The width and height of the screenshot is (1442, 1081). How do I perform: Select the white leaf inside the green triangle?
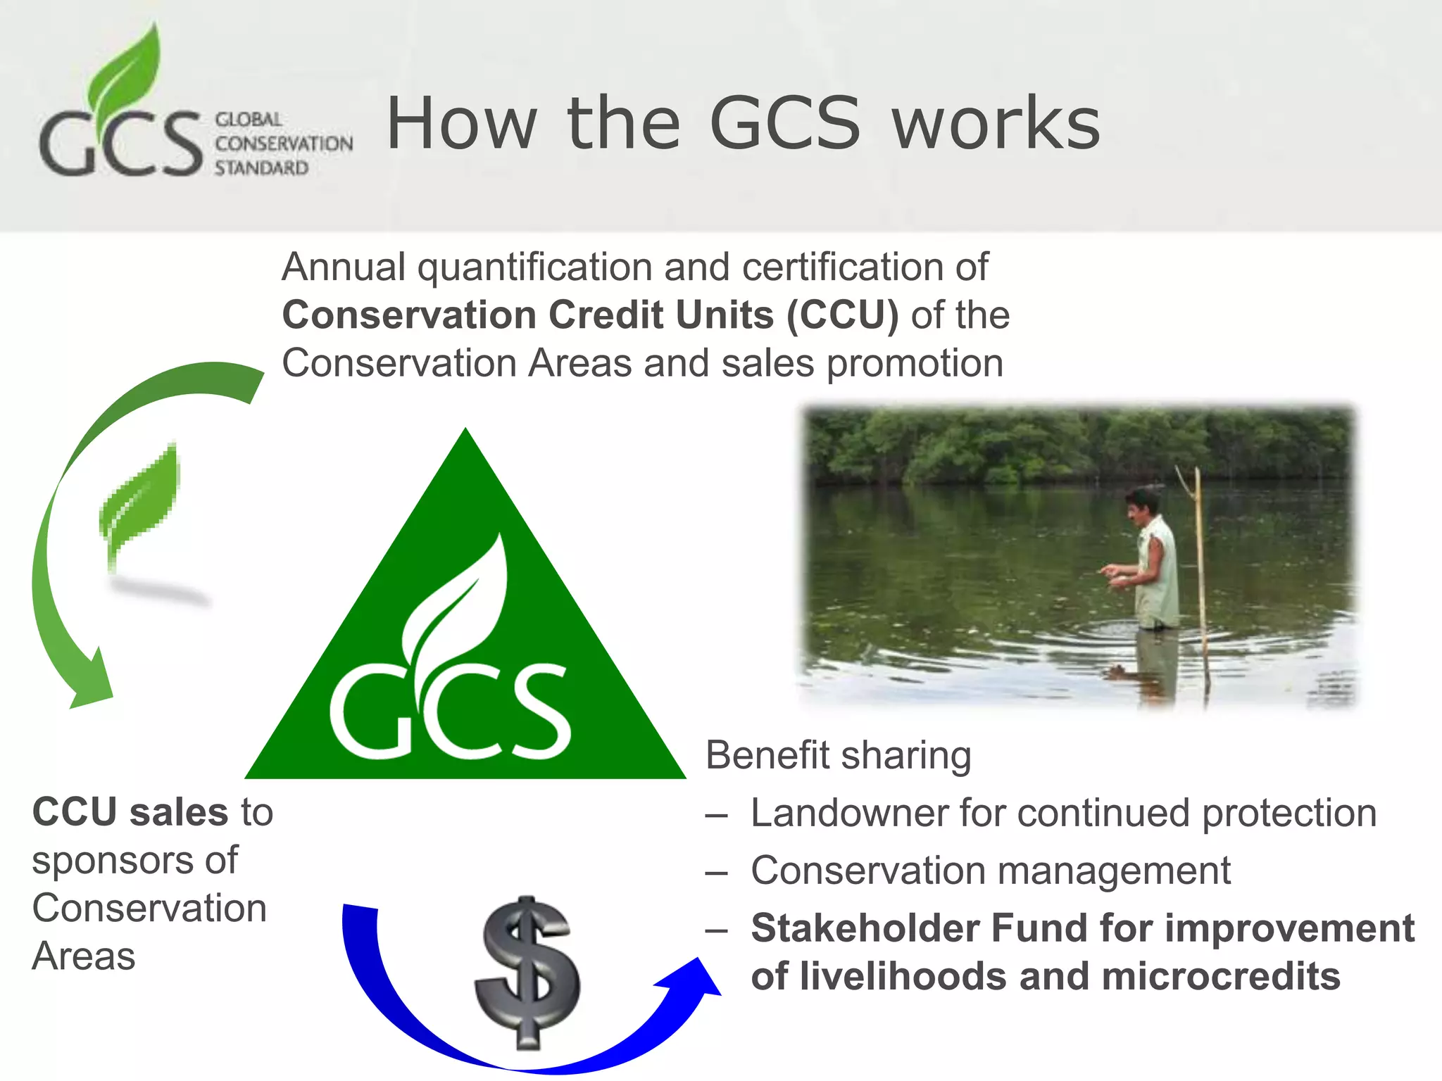458,598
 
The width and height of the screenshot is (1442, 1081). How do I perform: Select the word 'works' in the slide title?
996,124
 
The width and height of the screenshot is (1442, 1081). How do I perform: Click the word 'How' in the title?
461,124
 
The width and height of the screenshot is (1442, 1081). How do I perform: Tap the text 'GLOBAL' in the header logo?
249,120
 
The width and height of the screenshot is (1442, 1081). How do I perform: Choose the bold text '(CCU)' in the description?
842,315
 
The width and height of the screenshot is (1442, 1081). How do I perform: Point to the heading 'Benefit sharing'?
838,755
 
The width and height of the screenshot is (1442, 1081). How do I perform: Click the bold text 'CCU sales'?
130,811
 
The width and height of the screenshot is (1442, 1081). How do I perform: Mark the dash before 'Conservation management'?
716,873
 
